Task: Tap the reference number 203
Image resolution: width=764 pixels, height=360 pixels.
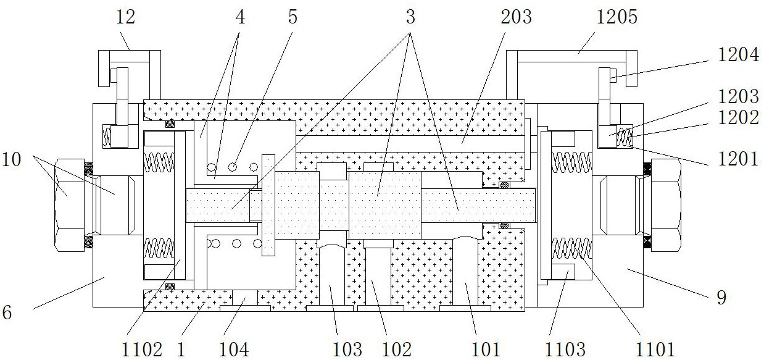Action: (516, 17)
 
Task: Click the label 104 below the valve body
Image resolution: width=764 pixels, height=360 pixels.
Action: (235, 350)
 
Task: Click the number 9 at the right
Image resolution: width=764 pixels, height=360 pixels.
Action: (721, 297)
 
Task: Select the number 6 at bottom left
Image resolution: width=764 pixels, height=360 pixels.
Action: (7, 312)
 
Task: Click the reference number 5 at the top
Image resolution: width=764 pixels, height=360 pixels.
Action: (293, 17)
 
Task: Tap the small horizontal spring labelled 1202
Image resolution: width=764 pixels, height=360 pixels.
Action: (625, 136)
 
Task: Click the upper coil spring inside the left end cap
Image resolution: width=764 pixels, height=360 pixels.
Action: (158, 162)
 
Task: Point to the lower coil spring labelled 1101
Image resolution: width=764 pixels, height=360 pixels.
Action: (571, 248)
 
